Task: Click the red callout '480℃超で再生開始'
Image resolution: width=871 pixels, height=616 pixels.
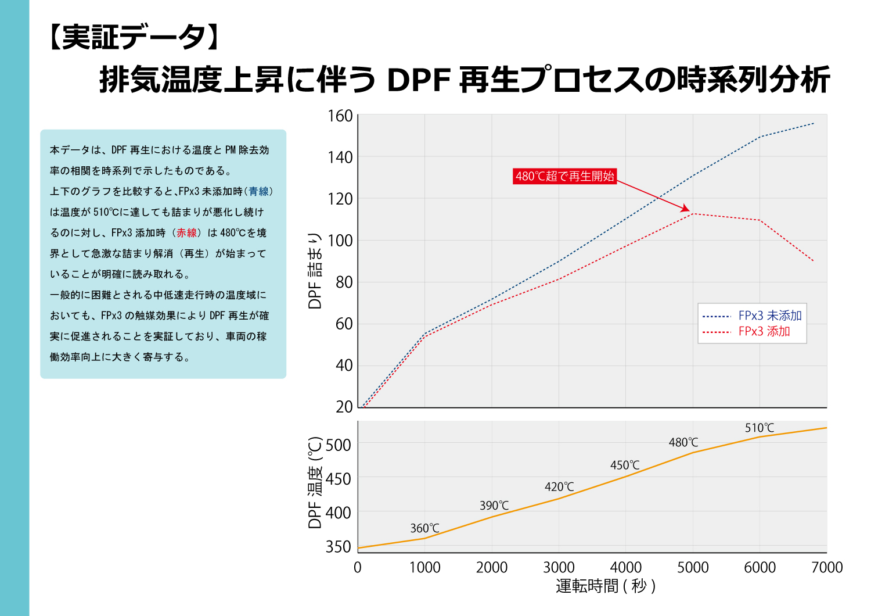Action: (x=565, y=176)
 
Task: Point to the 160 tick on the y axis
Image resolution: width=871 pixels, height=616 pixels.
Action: (x=340, y=116)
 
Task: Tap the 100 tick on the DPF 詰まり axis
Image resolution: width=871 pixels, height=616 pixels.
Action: (x=340, y=241)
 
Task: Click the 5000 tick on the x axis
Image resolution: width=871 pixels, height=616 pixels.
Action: (x=693, y=567)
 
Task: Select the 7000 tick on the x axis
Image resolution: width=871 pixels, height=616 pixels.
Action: (x=827, y=567)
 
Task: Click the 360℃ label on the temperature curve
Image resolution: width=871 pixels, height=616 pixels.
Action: (x=424, y=528)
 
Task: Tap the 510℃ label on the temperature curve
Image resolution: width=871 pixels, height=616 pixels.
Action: (x=760, y=428)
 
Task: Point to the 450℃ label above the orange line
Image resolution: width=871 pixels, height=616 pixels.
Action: (x=625, y=465)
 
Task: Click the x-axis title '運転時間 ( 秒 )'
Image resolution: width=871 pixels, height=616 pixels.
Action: (x=605, y=586)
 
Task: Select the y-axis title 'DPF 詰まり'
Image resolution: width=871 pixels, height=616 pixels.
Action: (x=315, y=271)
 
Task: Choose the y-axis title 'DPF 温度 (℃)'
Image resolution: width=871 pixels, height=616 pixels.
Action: (x=315, y=482)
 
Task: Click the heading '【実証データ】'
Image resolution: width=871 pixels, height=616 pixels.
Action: (x=134, y=37)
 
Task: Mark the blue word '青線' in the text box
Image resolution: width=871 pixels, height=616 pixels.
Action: (x=259, y=191)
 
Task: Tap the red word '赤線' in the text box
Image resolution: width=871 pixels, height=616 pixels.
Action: (x=187, y=233)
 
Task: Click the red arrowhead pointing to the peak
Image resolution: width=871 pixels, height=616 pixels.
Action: (x=686, y=209)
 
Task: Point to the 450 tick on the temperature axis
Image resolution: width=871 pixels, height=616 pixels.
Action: (x=338, y=479)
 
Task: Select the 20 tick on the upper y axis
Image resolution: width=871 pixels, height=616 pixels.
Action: (x=344, y=407)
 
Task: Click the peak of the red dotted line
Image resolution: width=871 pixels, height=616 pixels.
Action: (x=693, y=214)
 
